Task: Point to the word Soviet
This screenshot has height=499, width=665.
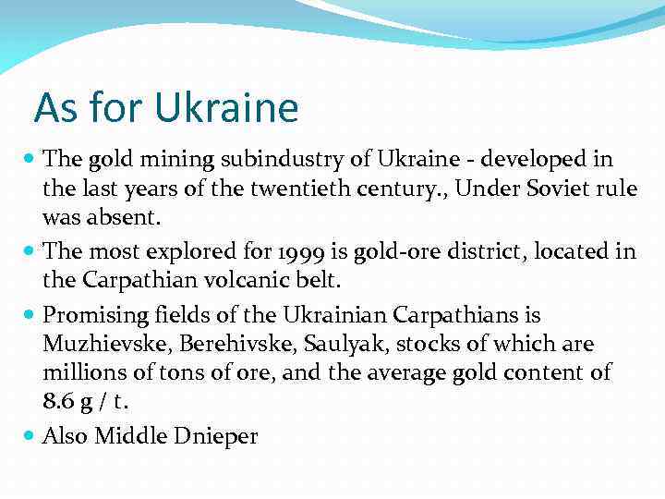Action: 543,190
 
